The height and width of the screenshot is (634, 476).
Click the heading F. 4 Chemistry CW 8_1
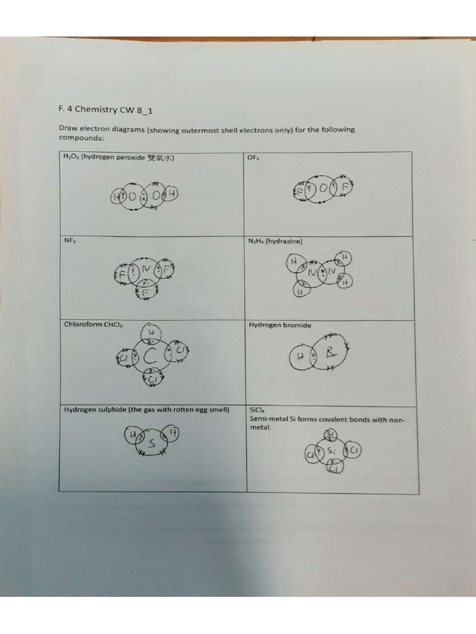(x=105, y=110)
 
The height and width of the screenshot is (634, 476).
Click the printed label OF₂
(x=253, y=158)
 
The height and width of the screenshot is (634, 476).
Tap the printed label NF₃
(x=69, y=241)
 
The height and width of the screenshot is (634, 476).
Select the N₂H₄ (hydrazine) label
(x=275, y=241)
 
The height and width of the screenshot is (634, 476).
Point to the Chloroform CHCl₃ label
(x=93, y=324)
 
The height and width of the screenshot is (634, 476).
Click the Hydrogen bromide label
(x=280, y=325)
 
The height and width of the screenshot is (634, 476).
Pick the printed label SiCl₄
(x=257, y=410)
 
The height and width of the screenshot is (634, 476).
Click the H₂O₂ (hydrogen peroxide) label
(x=118, y=157)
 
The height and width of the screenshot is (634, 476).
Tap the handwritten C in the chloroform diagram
(x=150, y=357)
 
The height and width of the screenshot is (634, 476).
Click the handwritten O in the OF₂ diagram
(x=325, y=189)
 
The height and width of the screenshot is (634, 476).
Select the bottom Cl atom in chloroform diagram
(x=152, y=378)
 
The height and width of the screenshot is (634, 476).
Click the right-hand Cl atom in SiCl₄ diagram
(x=353, y=450)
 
